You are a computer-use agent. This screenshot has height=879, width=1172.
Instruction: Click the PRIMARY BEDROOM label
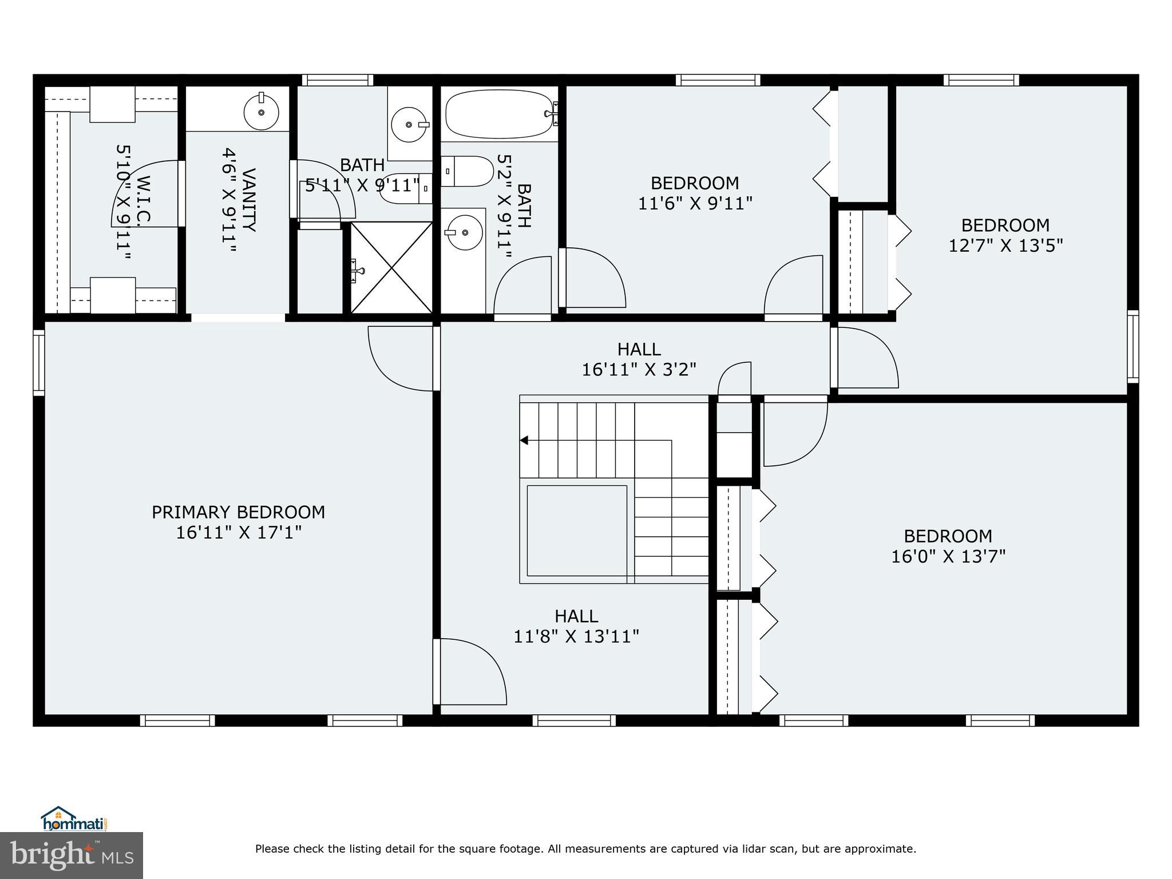coord(238,512)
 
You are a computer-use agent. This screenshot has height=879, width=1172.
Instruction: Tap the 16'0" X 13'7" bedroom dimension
coord(948,556)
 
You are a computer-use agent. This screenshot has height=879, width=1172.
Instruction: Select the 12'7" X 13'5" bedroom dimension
coord(1005,246)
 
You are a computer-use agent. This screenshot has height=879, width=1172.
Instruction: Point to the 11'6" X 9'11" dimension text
coord(695,204)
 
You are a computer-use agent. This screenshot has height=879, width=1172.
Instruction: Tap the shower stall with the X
coord(391,268)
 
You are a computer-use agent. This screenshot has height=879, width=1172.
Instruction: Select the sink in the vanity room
coord(262,112)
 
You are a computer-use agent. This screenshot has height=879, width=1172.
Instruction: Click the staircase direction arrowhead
coord(524,440)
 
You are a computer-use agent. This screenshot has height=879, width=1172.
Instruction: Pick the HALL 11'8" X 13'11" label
coord(576,626)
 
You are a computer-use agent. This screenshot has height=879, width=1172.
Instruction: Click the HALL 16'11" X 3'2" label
coord(639,359)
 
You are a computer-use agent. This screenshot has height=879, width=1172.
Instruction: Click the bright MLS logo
coord(71,854)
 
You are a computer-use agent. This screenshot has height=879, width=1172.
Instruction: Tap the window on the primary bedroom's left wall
coord(38,362)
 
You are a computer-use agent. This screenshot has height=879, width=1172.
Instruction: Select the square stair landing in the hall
coord(576,530)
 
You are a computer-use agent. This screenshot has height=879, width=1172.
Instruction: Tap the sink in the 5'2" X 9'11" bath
coord(464,232)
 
